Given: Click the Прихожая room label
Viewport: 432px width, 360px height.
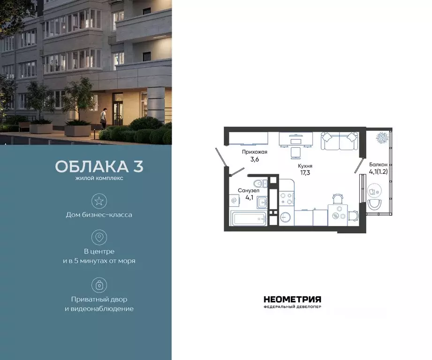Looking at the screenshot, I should click(x=255, y=152).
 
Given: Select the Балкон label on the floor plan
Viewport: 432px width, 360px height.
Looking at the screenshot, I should click(x=378, y=165).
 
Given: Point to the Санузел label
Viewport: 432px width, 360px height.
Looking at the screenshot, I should click(x=249, y=191).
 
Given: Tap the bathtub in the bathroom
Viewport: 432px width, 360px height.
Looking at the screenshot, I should click(x=249, y=217).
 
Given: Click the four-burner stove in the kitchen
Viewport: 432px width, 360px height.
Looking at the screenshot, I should click(x=286, y=200).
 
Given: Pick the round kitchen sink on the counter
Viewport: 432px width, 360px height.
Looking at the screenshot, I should click(x=286, y=217).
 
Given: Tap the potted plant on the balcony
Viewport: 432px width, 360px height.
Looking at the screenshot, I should click(x=380, y=137).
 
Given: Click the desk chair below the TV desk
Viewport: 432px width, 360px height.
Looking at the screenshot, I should click(x=296, y=152).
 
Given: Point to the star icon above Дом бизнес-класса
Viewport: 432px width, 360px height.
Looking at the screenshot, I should click(x=99, y=202).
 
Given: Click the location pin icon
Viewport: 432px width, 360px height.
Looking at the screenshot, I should click(x=99, y=237).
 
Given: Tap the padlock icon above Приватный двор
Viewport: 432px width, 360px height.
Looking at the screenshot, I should click(x=99, y=285).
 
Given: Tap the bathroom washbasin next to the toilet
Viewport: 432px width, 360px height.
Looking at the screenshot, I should click(x=262, y=202).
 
